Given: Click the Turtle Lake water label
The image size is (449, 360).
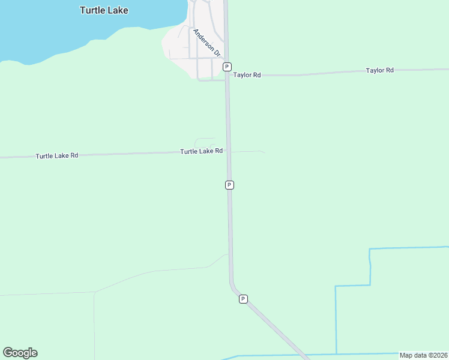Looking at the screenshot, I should [x=104, y=10].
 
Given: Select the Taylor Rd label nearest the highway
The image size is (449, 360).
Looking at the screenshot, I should [x=247, y=75].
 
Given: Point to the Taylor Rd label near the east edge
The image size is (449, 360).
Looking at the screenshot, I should [x=379, y=70].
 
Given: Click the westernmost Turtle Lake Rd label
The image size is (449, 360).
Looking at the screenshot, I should [x=57, y=155].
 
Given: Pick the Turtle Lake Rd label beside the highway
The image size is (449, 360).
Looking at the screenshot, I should [x=202, y=151].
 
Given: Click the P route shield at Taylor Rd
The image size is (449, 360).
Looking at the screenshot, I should [x=227, y=67].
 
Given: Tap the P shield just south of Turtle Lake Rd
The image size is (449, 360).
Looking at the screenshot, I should [x=229, y=185].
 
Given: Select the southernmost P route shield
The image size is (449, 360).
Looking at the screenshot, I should [x=243, y=299].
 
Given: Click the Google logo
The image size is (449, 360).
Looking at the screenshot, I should [x=20, y=353].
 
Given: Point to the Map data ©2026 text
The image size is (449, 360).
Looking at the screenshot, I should [x=423, y=355].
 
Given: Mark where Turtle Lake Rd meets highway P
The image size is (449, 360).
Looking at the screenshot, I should [x=228, y=151].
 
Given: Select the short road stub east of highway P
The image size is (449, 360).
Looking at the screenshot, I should [x=247, y=151].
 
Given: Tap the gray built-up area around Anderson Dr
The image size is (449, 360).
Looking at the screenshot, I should [x=180, y=45].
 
